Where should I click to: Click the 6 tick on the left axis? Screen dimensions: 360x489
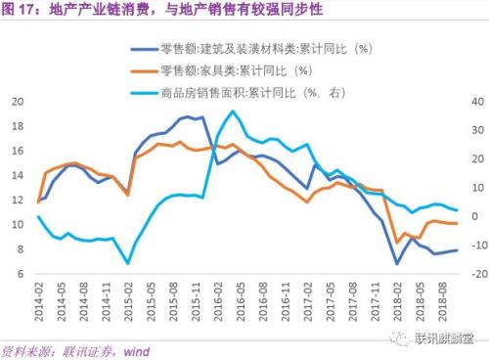click(x=21, y=275)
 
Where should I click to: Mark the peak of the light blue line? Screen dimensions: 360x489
click(x=232, y=111)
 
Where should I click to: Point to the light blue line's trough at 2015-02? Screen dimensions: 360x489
click(x=128, y=263)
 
